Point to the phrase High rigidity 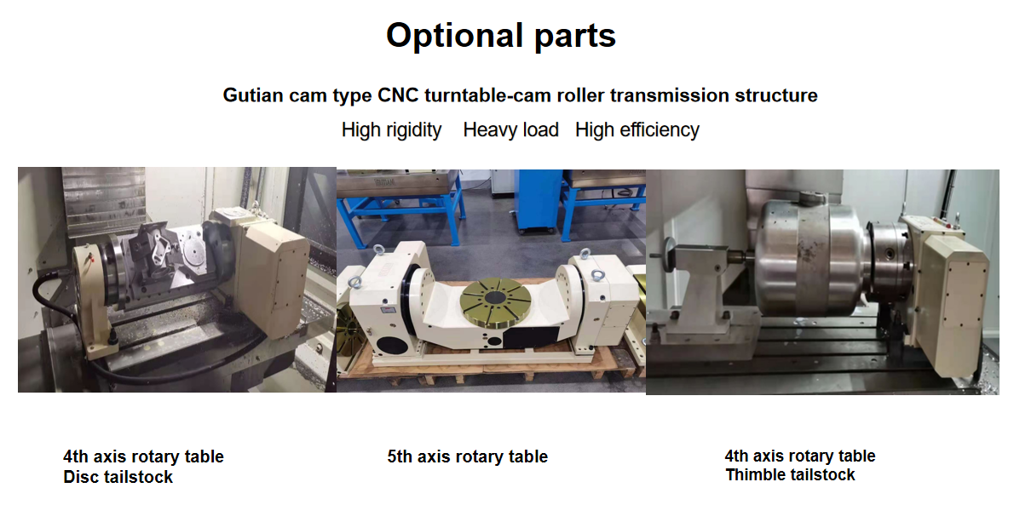pos(391,130)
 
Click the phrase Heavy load pos(511,130)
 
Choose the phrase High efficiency pos(637,130)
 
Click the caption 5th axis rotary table pos(468,456)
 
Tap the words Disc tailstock pos(118,477)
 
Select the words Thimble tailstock pos(790,475)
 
